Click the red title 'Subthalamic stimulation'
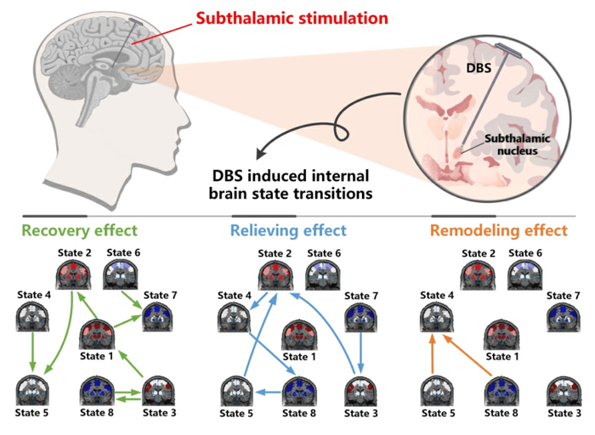[292, 18]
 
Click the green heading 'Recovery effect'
[79, 230]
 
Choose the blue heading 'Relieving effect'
[289, 230]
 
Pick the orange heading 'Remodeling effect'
[498, 230]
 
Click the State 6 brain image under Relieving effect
[321, 276]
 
